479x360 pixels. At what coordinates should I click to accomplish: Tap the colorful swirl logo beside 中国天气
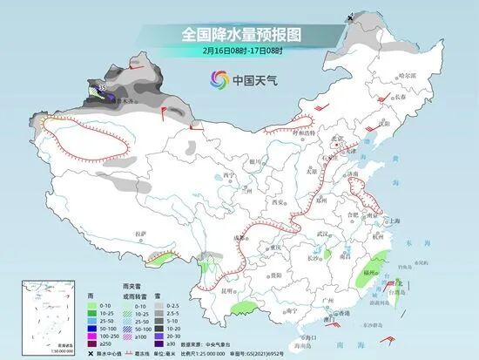point(215,80)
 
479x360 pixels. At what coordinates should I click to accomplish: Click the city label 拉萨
point(141,233)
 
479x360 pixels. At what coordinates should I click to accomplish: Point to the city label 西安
point(280,201)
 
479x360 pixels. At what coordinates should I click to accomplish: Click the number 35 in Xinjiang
point(103,88)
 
